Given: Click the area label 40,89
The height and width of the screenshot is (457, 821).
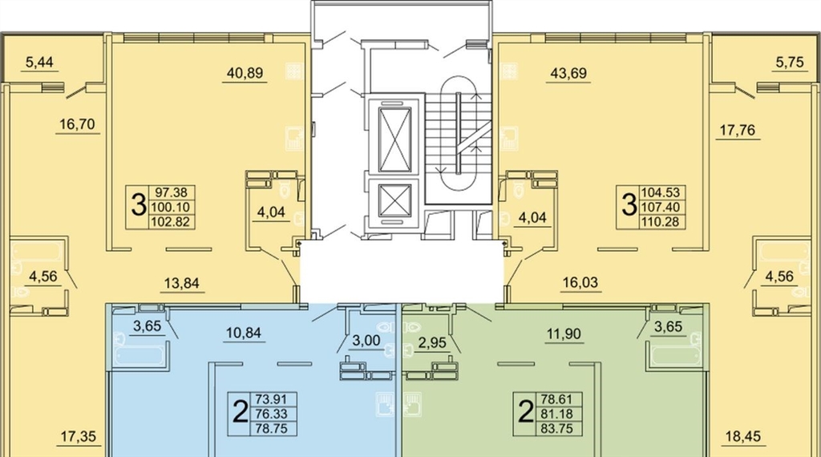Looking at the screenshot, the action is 245,73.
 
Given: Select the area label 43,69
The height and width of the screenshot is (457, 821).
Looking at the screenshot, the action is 568,73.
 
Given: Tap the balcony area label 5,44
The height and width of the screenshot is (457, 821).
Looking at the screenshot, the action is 39,63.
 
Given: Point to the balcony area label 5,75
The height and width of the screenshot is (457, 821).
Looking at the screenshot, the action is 789,63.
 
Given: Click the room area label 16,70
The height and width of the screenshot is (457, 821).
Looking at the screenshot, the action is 77,124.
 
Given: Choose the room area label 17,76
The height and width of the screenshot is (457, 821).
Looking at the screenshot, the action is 738,129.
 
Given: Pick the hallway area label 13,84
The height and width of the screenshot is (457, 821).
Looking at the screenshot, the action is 181,283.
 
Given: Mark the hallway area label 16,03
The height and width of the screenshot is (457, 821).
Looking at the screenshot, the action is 580,282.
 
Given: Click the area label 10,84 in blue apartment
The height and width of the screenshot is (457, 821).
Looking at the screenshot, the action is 244,333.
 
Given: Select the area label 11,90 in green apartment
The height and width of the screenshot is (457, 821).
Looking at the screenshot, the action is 564,334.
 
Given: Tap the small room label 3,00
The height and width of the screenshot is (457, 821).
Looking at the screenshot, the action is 366,340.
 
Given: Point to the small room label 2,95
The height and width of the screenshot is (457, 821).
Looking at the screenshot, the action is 432,343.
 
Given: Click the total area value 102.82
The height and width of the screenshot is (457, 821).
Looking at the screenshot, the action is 172,222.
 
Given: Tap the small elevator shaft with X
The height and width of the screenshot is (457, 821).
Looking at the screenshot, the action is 394,200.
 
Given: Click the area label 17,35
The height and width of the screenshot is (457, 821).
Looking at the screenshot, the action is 79,436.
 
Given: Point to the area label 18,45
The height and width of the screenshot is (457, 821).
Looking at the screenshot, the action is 743,435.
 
